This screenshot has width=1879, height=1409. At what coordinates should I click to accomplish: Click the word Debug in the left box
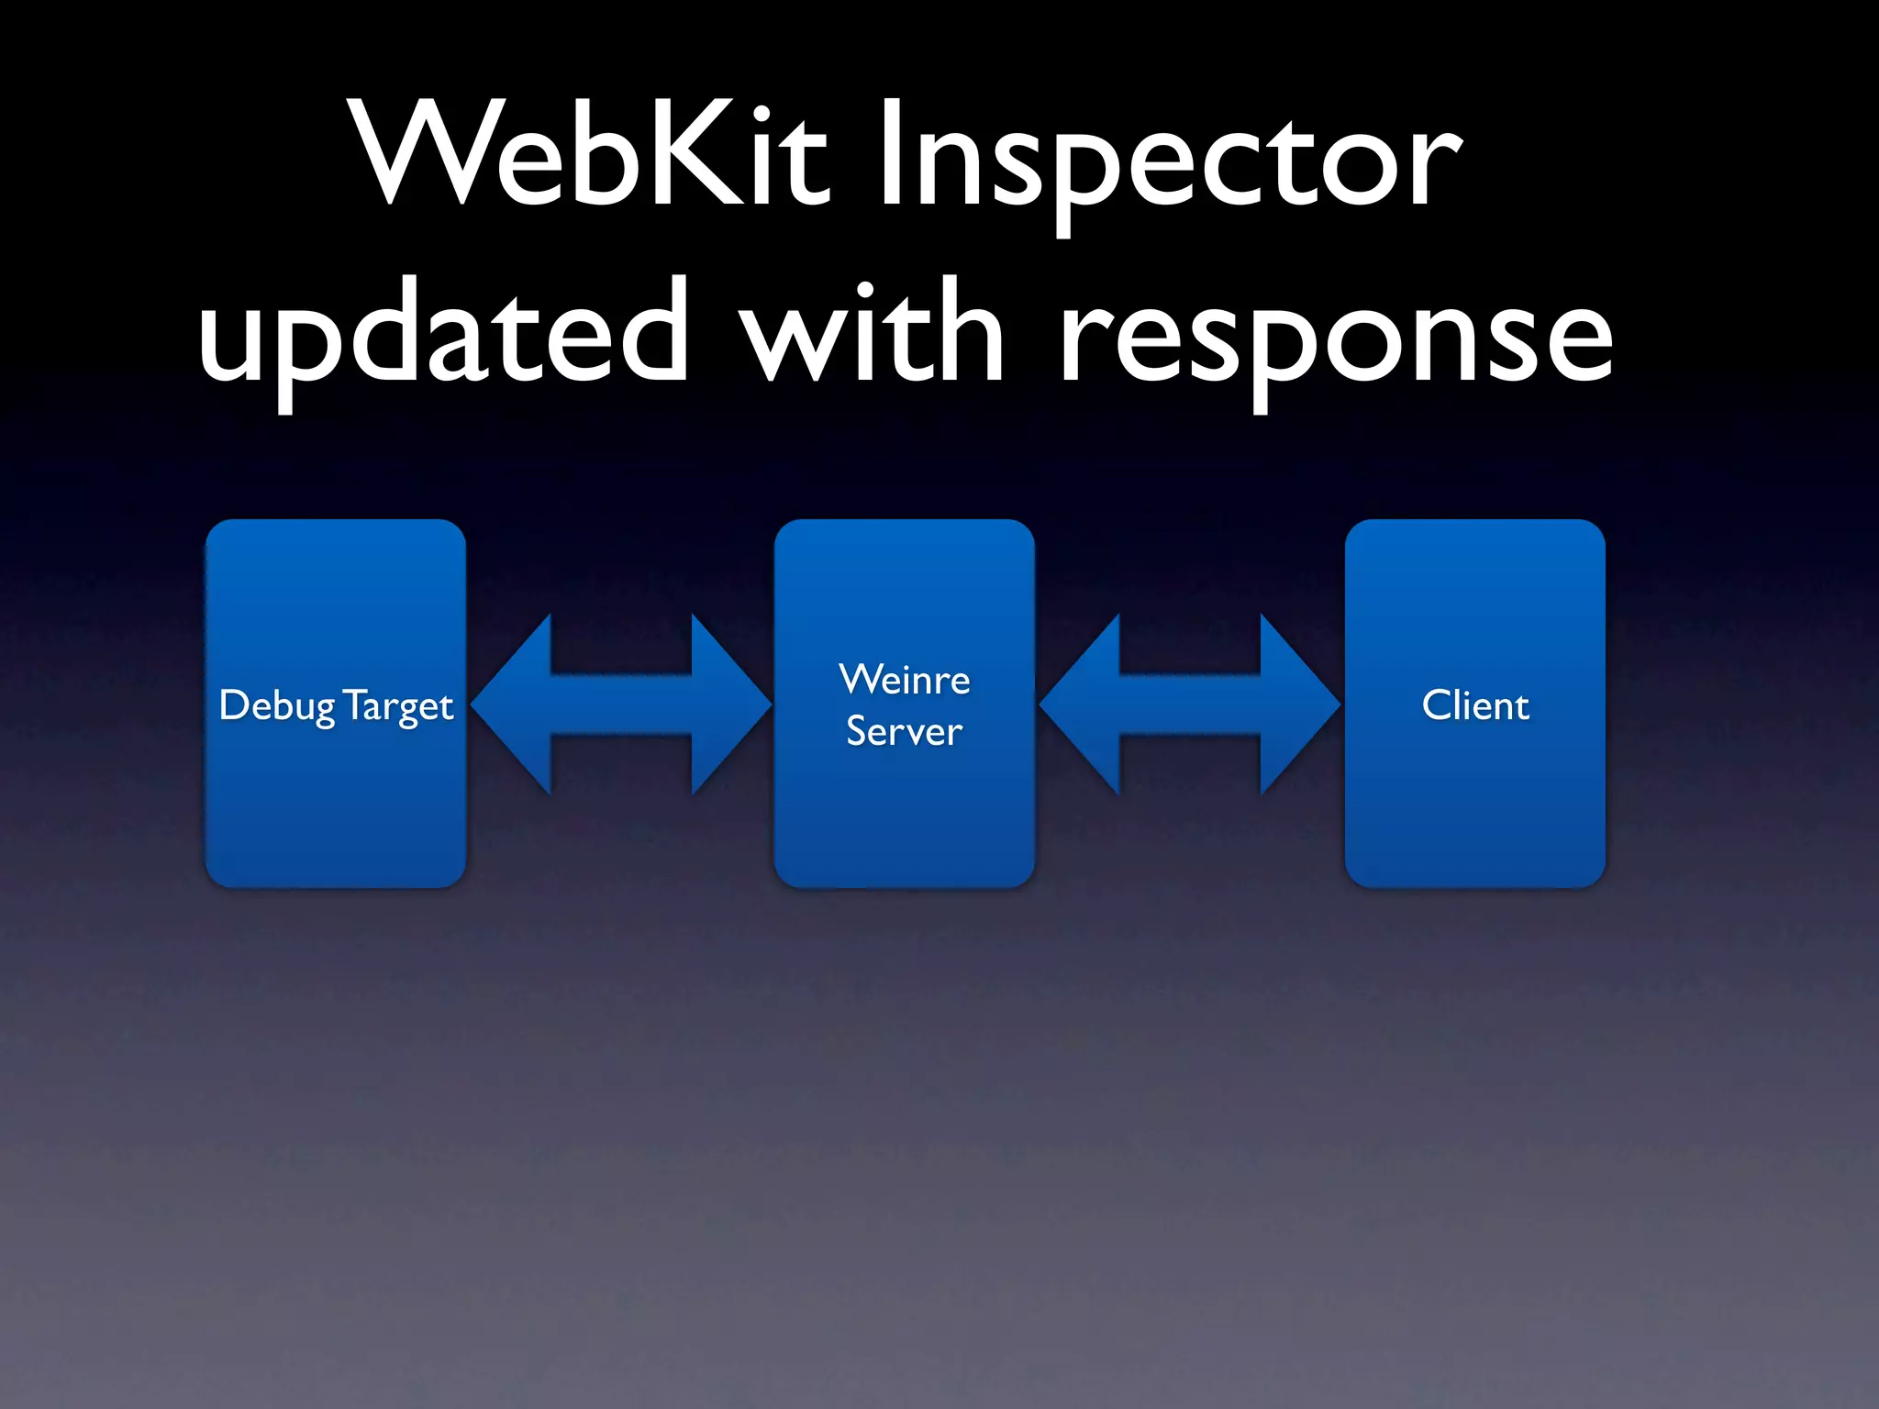pos(277,706)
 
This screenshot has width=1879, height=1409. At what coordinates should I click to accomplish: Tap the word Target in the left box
pos(399,706)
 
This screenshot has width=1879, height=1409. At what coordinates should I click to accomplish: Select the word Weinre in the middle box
pos(905,680)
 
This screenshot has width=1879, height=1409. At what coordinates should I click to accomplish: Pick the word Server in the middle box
pos(905,731)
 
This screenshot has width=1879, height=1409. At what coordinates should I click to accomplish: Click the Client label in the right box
pos(1475,705)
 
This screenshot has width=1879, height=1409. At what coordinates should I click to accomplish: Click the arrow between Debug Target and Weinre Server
pos(621,704)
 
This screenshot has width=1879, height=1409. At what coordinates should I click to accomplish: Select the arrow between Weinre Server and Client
pos(1190,704)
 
